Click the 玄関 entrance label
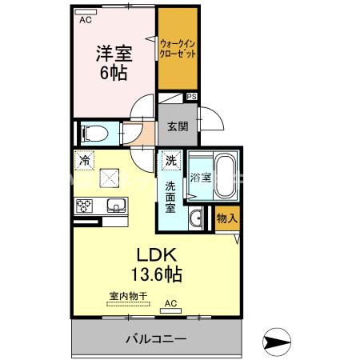coord(177,125)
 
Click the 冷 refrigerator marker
coord(85,161)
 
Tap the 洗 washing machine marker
coord(170,161)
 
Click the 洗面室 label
coord(170,197)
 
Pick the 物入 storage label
coord(226,218)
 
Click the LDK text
coord(156,254)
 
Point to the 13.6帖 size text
coord(156,274)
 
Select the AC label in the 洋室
coord(84,21)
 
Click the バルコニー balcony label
coord(157,338)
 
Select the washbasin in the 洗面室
coord(196,218)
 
